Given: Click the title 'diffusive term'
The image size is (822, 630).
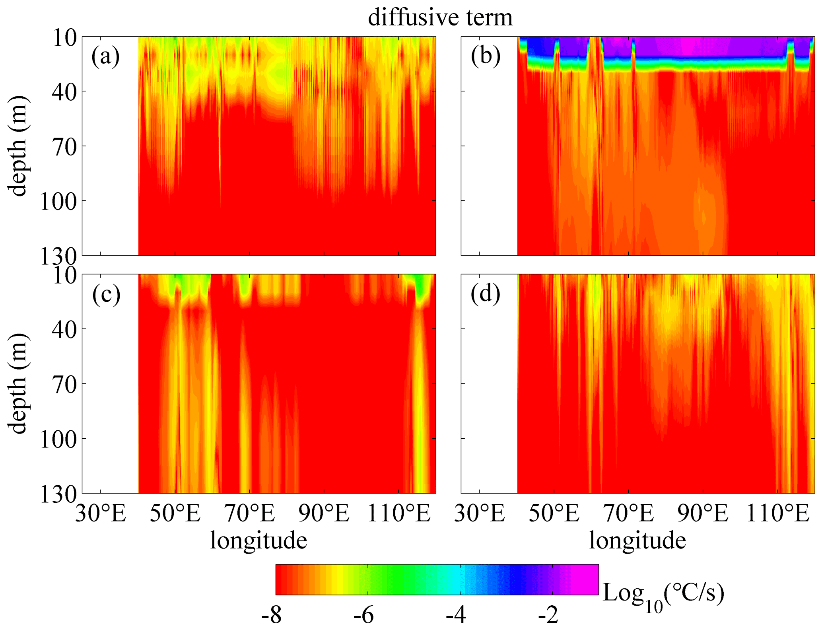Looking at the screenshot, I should (440, 18).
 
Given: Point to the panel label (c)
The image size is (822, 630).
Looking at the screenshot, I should (106, 295).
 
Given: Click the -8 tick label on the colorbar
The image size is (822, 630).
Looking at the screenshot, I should (271, 616).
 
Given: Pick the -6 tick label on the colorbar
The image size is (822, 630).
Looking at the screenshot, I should (363, 616).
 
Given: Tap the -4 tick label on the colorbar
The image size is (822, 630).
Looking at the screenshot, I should (456, 616).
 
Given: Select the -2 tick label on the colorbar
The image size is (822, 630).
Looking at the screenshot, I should (548, 616).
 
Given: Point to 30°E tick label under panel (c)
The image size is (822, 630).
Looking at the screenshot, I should (101, 513).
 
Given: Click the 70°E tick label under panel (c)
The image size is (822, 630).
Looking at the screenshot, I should (250, 513).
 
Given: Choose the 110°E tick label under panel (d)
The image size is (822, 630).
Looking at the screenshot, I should (778, 513).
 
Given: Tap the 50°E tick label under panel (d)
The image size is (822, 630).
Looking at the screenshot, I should (554, 513).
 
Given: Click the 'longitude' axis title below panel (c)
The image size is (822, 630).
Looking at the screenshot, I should (258, 541).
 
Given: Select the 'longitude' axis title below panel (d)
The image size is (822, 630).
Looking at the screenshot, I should (637, 541).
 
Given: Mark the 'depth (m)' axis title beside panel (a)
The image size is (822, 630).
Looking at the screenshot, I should (18, 146).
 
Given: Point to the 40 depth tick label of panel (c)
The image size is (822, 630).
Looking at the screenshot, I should (64, 330).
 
